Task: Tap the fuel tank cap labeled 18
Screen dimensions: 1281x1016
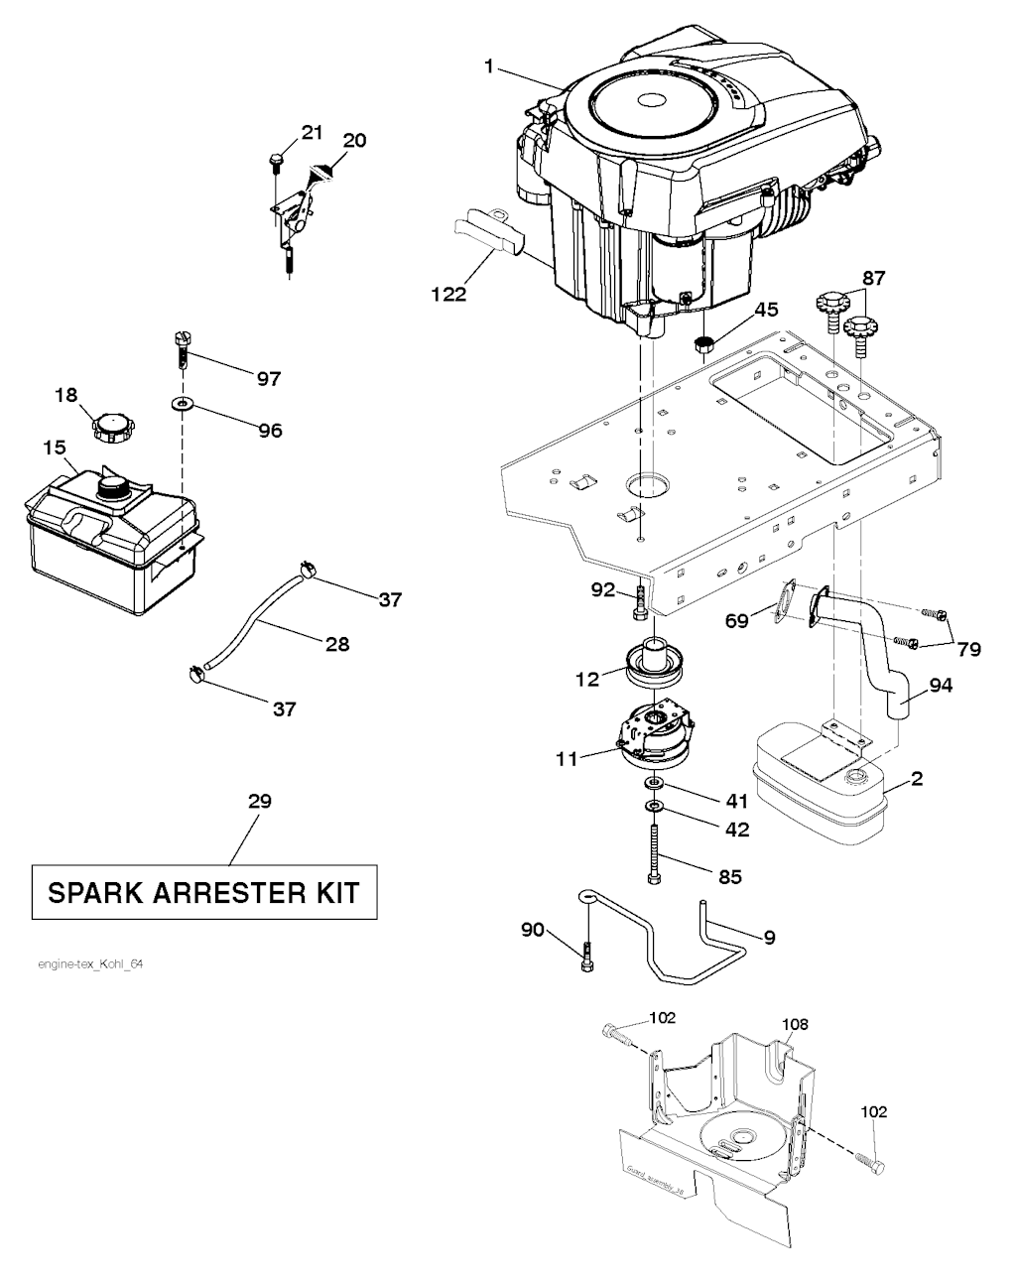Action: [x=112, y=428]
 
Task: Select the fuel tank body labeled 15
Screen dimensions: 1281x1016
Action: [x=109, y=531]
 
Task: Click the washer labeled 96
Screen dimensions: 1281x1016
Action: [x=183, y=405]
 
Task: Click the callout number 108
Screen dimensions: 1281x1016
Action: [x=795, y=1024]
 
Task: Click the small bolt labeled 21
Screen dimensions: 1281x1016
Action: [x=275, y=160]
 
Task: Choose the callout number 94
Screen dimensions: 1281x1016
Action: [x=940, y=685]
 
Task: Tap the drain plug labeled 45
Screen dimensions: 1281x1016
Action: [x=705, y=344]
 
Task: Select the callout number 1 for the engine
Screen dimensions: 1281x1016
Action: [x=489, y=66]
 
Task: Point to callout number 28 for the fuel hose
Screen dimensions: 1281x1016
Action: [x=337, y=644]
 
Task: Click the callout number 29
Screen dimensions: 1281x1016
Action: [x=259, y=801]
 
